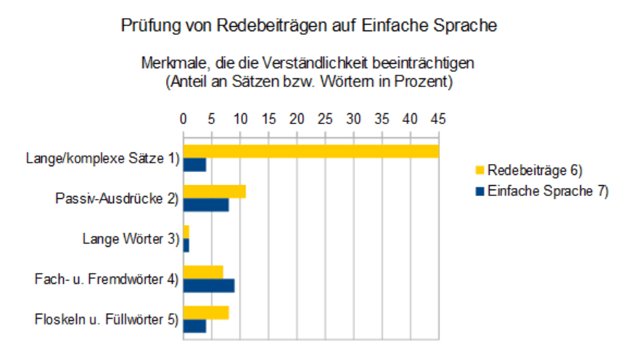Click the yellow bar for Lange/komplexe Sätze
(310, 151)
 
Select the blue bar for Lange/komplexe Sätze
(194, 165)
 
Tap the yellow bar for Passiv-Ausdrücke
(214, 192)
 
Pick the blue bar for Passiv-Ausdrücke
(206, 205)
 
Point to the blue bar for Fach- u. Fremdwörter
(208, 285)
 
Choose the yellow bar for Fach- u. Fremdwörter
(203, 272)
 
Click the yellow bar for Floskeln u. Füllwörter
(206, 312)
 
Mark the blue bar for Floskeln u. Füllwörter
(194, 326)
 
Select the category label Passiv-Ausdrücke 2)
(117, 198)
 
